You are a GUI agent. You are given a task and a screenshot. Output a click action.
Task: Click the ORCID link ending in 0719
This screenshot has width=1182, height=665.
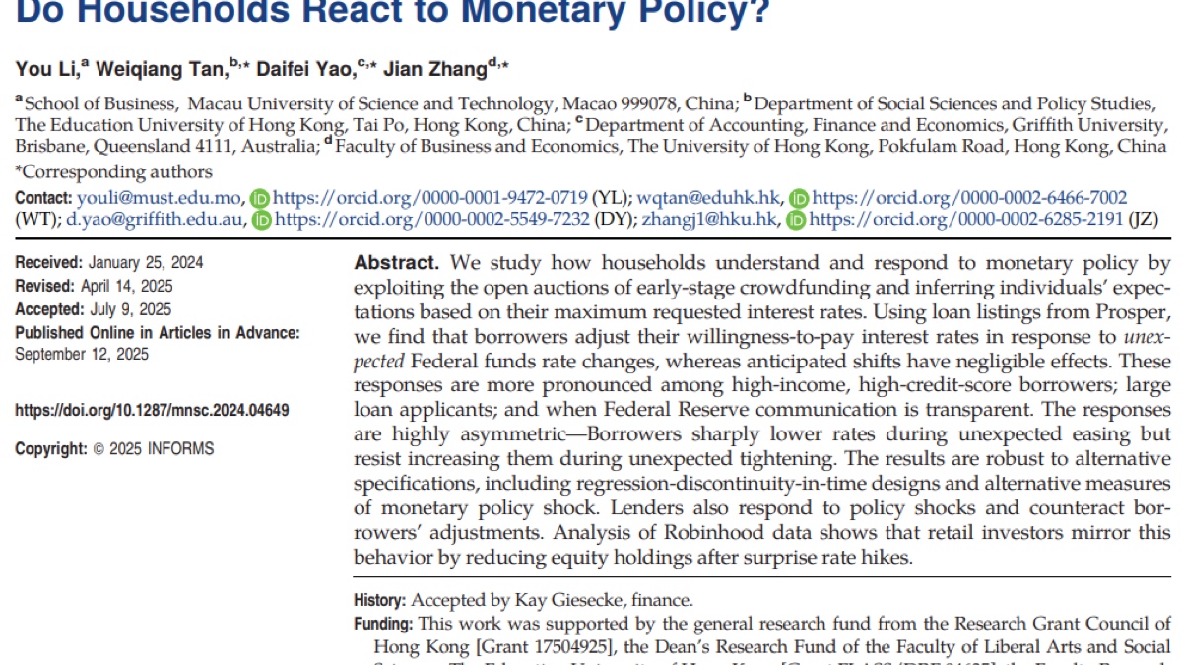click(x=430, y=198)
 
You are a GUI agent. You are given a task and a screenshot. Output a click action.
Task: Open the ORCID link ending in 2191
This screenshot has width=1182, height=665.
click(x=966, y=220)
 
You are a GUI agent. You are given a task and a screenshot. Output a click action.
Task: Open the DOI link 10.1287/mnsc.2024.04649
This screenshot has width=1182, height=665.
click(x=153, y=411)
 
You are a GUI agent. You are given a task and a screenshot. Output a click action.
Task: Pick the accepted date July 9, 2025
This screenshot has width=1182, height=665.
click(x=133, y=310)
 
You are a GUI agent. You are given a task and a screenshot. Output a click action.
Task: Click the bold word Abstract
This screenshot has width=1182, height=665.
click(x=395, y=264)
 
